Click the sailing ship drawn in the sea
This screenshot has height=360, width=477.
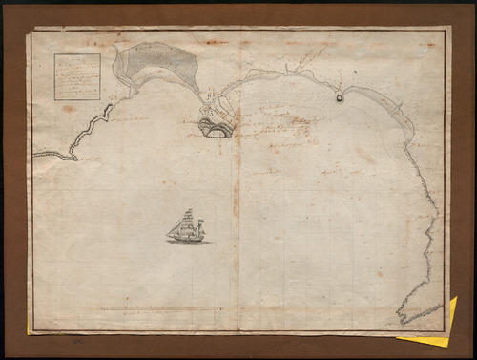(187, 227)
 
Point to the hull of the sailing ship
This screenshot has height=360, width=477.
(187, 238)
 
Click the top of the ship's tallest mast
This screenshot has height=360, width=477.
(188, 209)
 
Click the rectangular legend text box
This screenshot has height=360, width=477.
(77, 76)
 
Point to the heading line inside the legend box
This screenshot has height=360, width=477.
(77, 59)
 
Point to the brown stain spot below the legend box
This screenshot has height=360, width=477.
(69, 109)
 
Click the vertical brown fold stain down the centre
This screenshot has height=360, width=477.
(236, 191)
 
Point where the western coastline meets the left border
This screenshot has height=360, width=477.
(33, 153)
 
